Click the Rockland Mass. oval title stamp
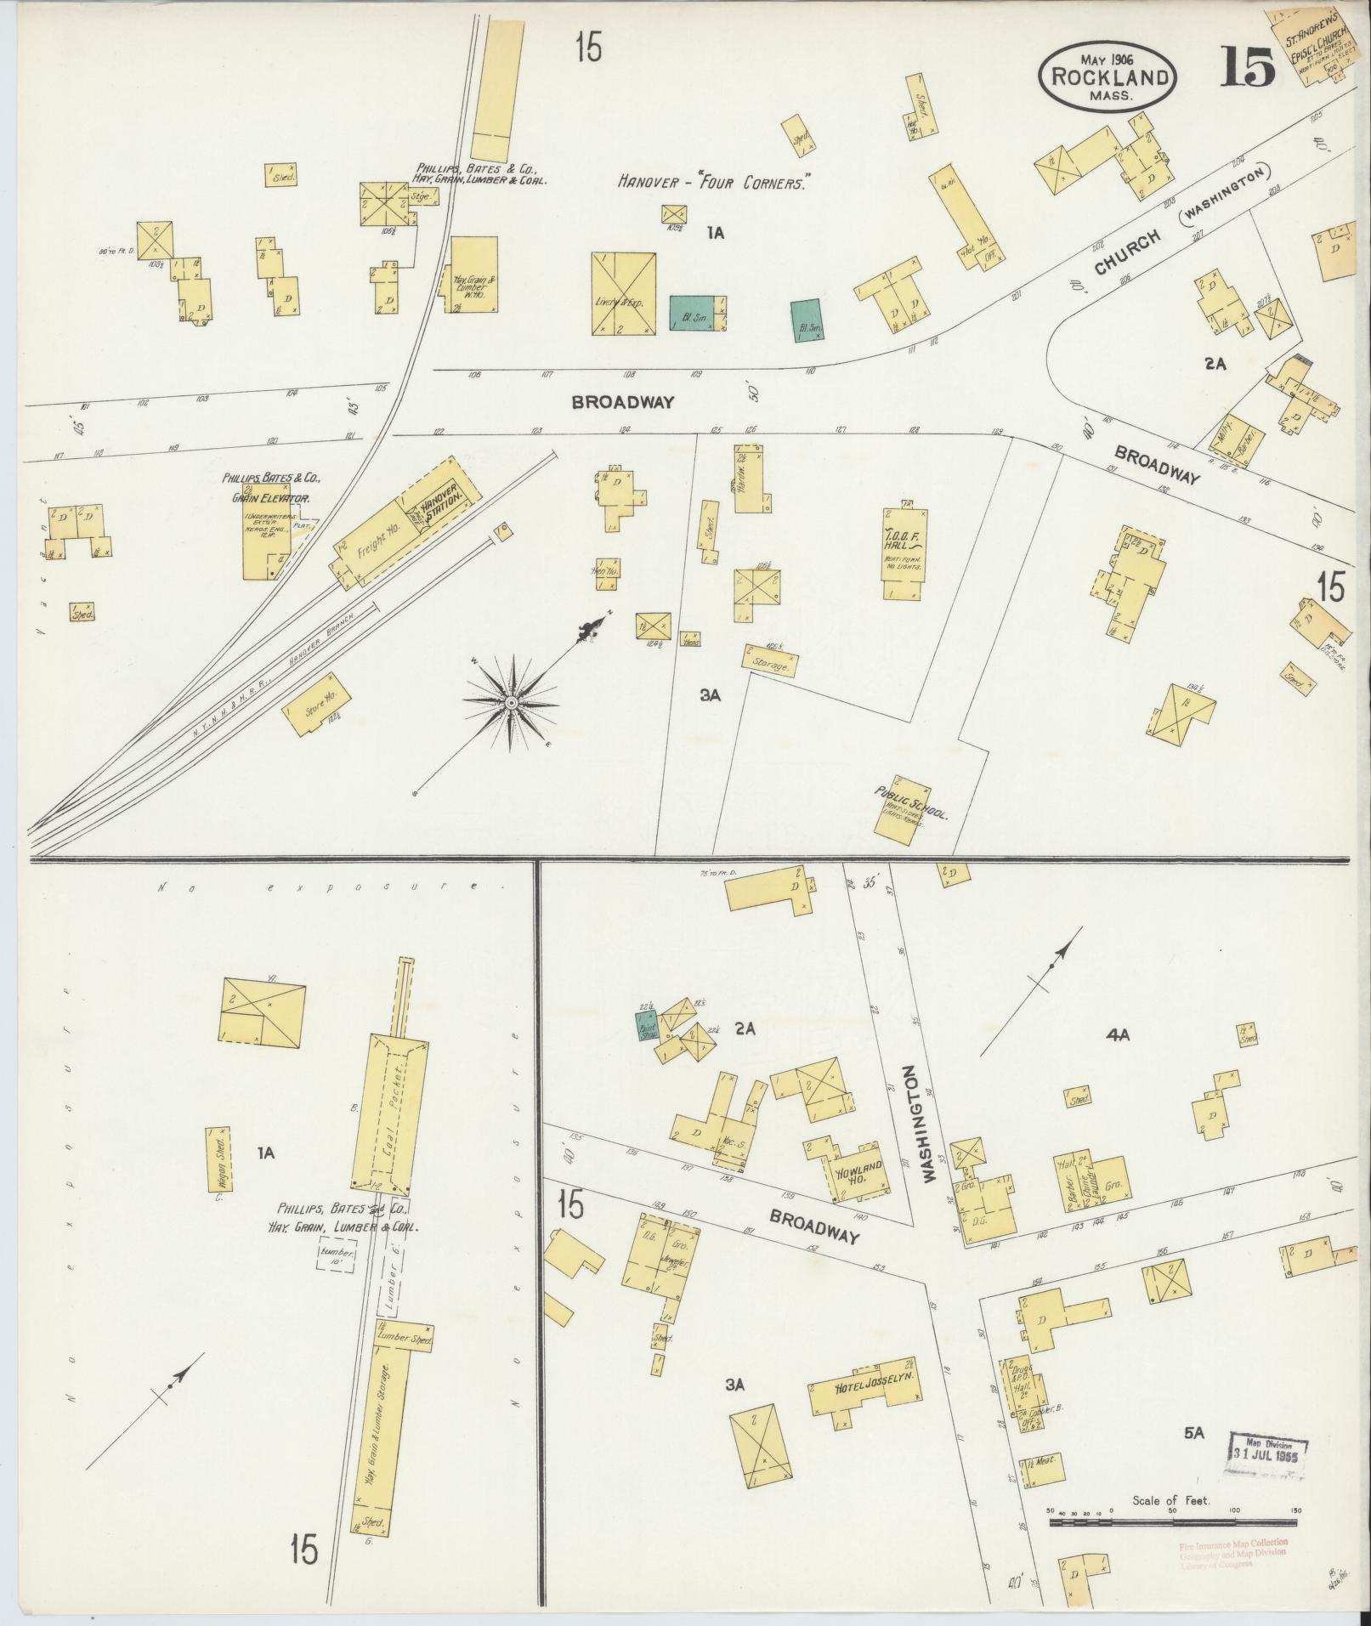pyautogui.click(x=1108, y=75)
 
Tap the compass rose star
pyautogui.click(x=512, y=703)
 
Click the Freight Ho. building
pyautogui.click(x=374, y=544)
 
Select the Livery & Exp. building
pyautogui.click(x=625, y=294)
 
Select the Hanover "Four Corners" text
pyautogui.click(x=712, y=182)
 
